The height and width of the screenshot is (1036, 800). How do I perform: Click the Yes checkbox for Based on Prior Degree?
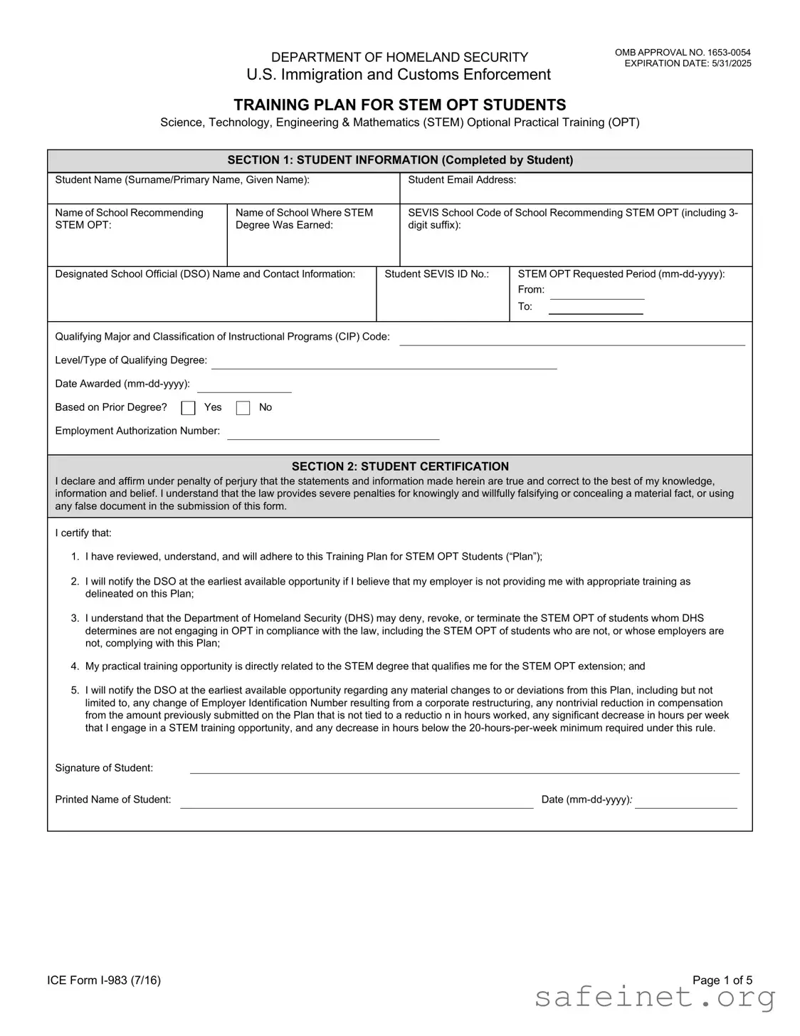click(188, 408)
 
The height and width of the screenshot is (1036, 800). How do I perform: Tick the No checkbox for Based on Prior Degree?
click(243, 408)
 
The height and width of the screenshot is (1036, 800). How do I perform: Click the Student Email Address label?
click(462, 180)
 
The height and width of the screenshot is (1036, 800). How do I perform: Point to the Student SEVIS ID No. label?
click(436, 274)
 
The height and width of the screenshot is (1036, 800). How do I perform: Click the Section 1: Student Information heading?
click(400, 160)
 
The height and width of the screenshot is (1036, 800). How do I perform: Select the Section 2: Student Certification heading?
click(400, 466)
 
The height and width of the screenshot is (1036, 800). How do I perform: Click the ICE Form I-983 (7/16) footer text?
click(104, 980)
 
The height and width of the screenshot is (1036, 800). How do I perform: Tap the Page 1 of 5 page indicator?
click(722, 980)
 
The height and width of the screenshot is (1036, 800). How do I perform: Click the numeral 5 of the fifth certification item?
click(75, 691)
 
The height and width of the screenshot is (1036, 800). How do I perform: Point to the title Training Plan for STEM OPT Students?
click(400, 105)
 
